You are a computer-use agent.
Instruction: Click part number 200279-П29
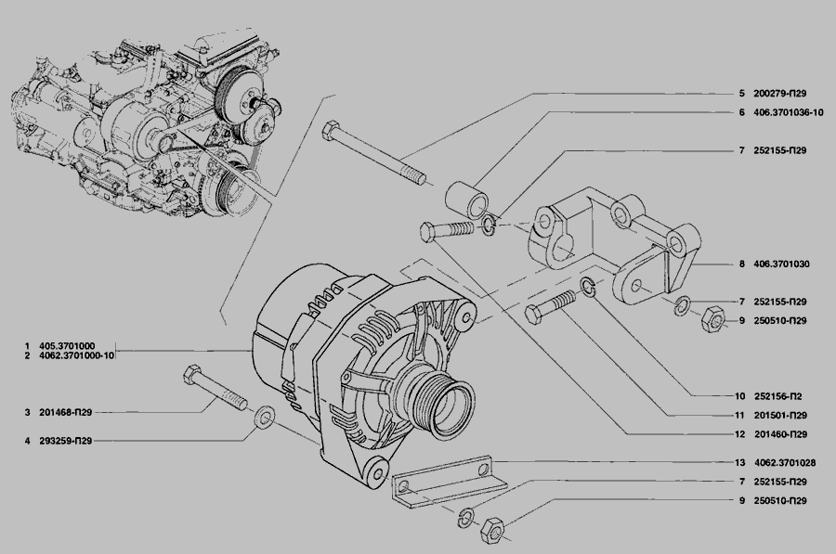780,93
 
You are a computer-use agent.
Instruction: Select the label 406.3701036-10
789,112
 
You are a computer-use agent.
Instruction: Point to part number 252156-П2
778,396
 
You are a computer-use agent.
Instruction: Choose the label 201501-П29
780,416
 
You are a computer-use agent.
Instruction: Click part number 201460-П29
780,434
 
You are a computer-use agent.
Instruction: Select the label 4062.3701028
785,463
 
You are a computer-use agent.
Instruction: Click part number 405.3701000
67,346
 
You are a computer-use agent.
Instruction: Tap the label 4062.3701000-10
77,355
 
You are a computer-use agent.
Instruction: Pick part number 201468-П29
66,412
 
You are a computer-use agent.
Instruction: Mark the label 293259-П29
66,441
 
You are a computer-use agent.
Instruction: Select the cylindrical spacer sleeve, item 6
467,200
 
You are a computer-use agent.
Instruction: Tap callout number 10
739,396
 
